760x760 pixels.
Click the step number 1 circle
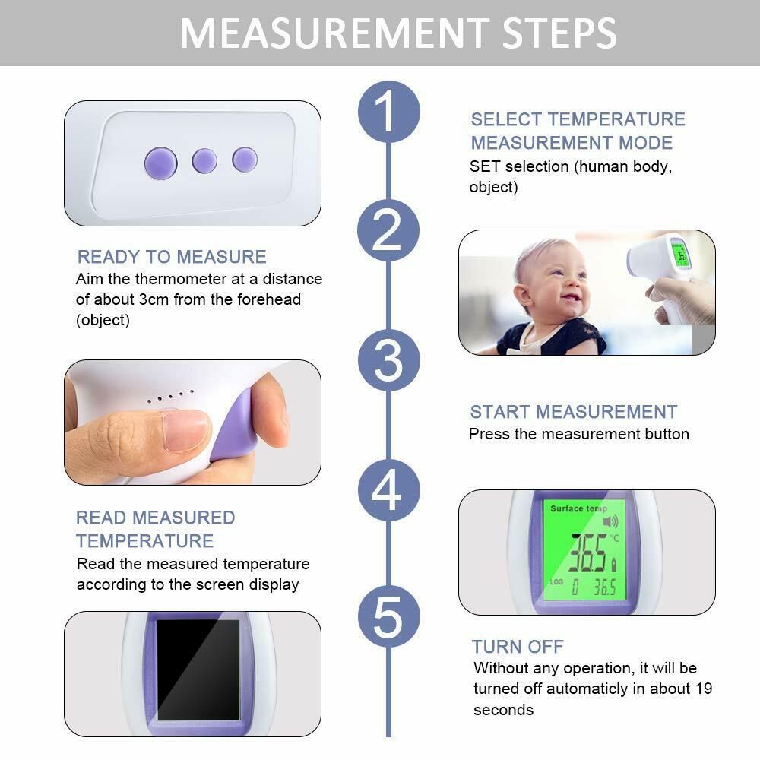388,112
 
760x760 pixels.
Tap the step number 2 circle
388,230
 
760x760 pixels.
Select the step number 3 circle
388,360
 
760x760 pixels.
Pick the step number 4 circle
388,490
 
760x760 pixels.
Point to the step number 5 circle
388,616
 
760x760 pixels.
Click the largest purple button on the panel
161,163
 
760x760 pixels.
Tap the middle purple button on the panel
204,161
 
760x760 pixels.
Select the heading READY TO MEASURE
172,257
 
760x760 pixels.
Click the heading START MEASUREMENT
574,412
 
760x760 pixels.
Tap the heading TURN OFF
518,647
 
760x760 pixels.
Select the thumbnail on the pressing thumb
185,429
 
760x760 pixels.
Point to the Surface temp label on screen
578,508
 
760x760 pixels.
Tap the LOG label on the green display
556,581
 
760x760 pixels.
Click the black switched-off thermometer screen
198,670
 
